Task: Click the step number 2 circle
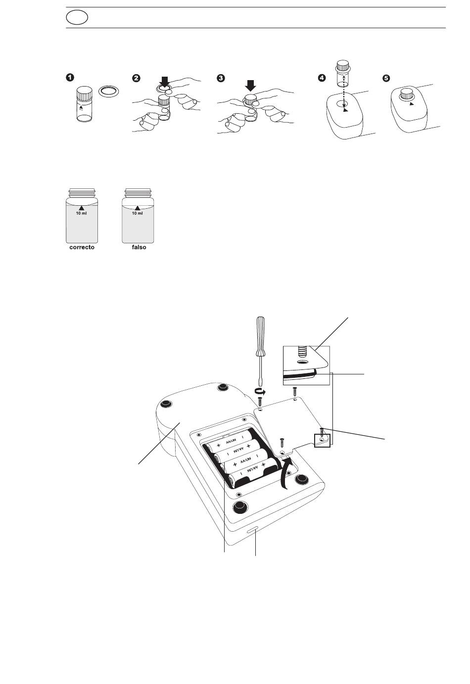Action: tap(137, 78)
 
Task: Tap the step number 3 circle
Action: tap(221, 78)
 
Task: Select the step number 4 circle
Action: tap(322, 78)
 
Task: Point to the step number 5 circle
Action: tap(387, 78)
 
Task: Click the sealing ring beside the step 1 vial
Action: tap(109, 91)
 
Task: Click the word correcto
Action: tap(81, 247)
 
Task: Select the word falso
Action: tap(139, 247)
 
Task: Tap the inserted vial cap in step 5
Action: tap(407, 93)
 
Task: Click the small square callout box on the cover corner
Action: tap(322, 439)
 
